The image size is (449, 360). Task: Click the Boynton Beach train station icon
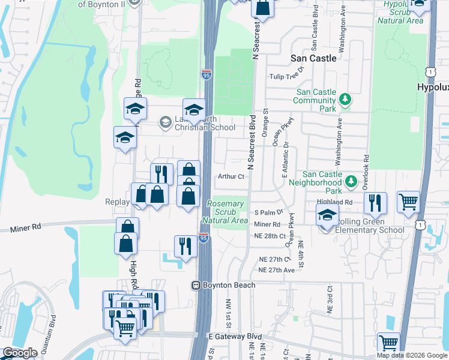[x=196, y=285]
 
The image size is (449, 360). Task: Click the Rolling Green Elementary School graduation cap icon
[x=327, y=215]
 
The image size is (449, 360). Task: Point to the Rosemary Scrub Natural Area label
[x=225, y=212]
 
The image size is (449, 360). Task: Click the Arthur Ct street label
[x=231, y=176]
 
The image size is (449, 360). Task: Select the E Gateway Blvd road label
[x=235, y=337]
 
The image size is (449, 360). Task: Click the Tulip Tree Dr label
[x=288, y=77]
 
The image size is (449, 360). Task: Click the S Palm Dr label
[x=268, y=212]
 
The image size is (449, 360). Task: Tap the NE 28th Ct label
[x=270, y=236]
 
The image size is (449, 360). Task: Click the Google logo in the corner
[x=20, y=353]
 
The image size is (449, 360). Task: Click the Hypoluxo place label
[x=433, y=87]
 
